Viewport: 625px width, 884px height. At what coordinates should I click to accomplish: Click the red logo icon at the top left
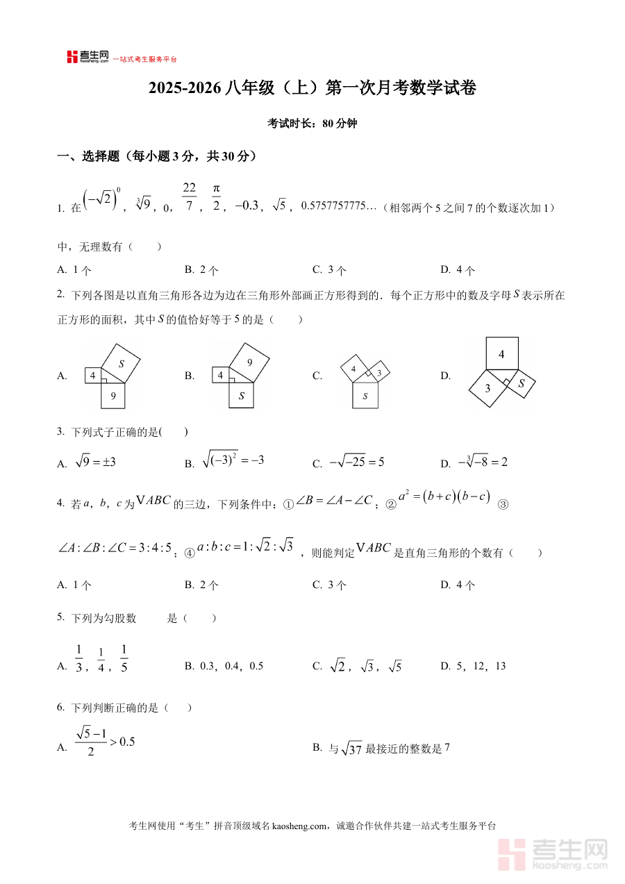(x=72, y=57)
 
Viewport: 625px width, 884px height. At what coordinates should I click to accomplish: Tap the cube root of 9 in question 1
(x=144, y=205)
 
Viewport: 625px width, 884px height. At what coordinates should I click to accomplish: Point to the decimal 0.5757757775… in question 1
(x=340, y=206)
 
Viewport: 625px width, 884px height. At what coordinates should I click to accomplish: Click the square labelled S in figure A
(x=120, y=364)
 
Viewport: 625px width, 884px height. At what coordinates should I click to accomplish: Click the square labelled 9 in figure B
(x=249, y=362)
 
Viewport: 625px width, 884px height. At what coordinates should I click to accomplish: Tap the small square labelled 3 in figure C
(x=379, y=372)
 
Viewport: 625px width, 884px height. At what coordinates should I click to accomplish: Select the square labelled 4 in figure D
(x=501, y=354)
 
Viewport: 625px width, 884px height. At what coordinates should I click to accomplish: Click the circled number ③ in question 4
(x=503, y=505)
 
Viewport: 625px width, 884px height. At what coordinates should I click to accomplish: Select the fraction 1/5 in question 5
(x=124, y=659)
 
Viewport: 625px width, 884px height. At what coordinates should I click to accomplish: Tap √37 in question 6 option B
(x=352, y=749)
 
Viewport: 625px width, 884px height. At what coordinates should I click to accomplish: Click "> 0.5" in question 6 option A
(x=121, y=742)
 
